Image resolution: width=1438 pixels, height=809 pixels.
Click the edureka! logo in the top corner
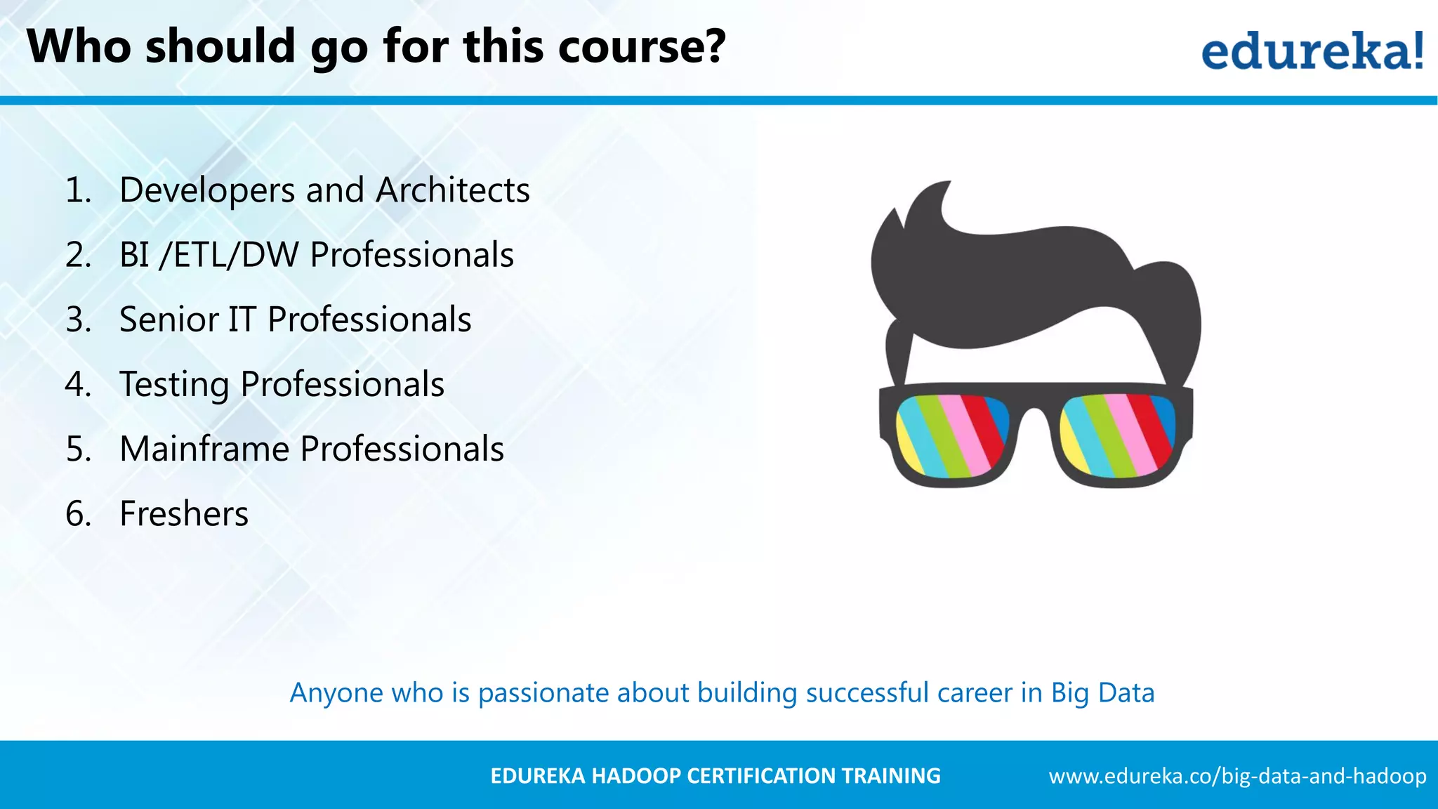(1312, 51)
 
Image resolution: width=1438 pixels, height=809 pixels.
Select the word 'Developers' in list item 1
(207, 190)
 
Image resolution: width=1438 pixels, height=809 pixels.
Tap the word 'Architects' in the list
(453, 190)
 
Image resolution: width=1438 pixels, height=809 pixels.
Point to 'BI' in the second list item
(134, 255)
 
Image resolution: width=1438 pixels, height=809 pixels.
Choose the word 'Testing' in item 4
(174, 384)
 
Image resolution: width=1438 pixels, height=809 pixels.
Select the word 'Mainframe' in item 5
(204, 449)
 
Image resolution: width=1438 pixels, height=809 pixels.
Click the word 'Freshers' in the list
(184, 513)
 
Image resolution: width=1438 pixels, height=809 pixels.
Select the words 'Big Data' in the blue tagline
(1102, 693)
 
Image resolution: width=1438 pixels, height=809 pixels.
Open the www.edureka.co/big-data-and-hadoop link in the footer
(1237, 776)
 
